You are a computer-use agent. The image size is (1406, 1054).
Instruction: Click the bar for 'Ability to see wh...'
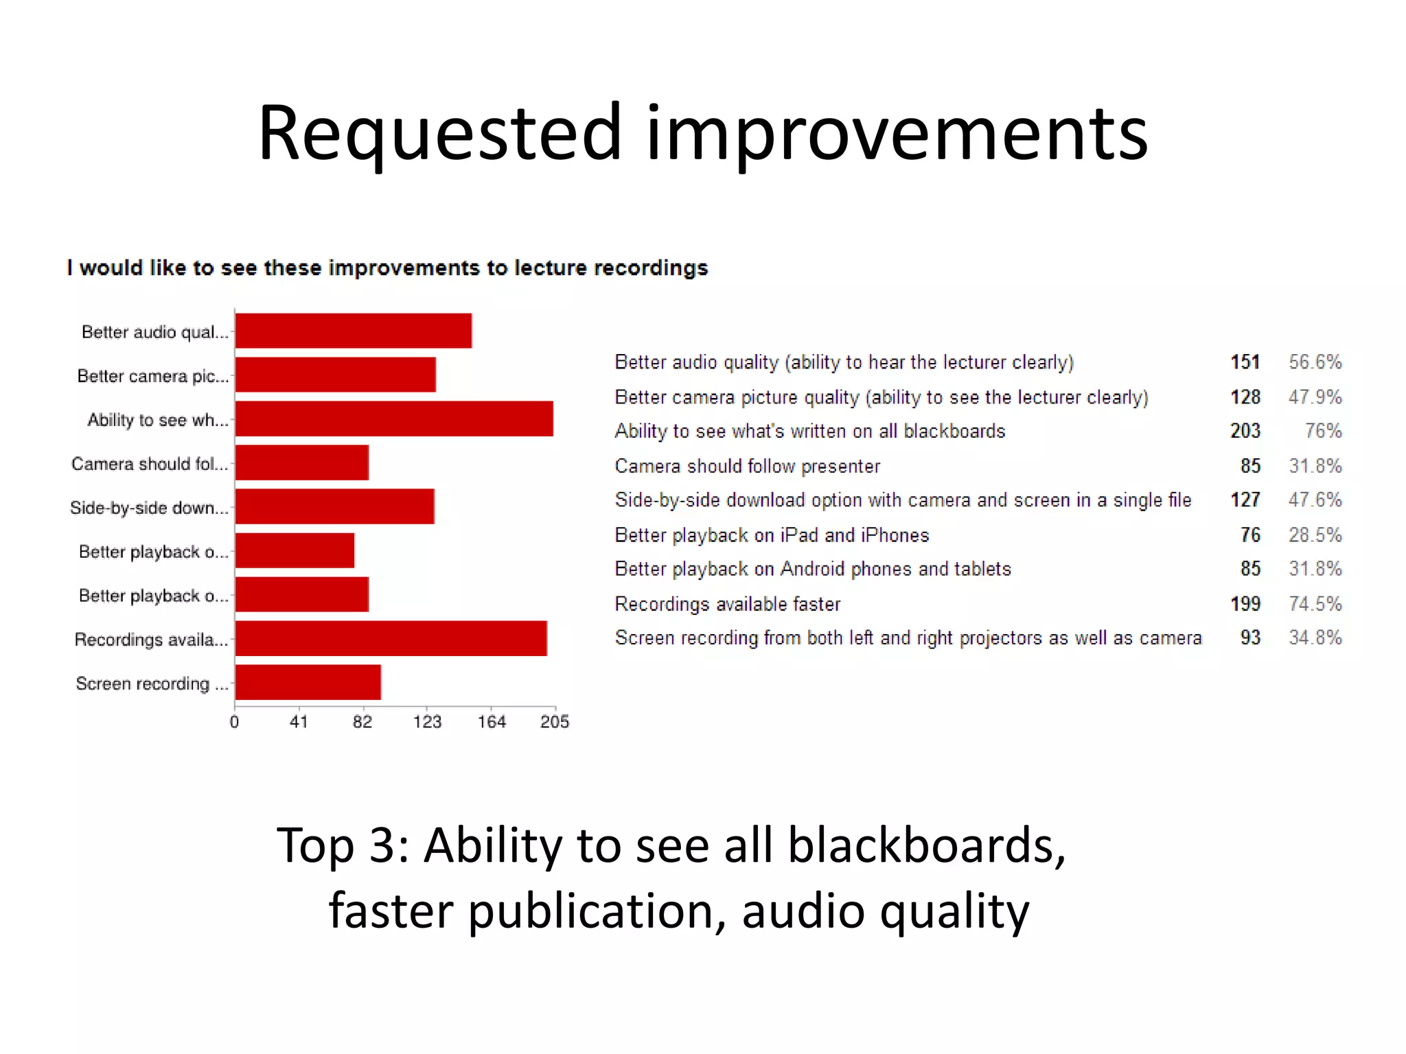point(394,419)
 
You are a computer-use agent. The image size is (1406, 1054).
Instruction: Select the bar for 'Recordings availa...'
point(391,638)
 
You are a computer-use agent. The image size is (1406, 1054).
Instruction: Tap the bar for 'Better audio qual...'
point(353,331)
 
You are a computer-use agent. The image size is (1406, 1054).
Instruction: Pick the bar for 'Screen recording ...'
point(308,682)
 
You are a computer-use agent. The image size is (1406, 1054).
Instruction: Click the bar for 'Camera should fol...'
point(301,462)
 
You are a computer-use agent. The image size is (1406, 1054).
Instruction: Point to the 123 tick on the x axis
point(427,721)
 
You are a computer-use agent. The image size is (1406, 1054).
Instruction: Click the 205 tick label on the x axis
point(555,721)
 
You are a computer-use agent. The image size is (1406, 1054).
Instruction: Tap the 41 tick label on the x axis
point(299,721)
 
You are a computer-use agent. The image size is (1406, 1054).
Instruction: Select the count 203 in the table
point(1245,431)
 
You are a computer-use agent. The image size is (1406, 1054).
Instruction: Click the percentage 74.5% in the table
point(1315,604)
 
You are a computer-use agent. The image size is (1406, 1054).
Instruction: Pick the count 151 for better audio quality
point(1245,362)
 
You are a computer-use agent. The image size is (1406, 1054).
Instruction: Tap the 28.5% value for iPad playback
point(1315,535)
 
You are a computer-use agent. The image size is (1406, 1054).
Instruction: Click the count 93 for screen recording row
point(1250,637)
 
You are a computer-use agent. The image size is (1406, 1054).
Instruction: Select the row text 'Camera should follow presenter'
point(747,466)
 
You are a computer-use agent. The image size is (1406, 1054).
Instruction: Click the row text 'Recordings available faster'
point(727,604)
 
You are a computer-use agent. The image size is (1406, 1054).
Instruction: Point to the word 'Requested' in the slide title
point(439,134)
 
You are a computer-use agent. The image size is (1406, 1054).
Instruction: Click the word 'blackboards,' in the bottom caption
point(926,845)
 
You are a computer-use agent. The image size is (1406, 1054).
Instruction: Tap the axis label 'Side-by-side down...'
point(149,508)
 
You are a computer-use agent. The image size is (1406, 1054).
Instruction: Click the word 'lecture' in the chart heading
point(550,268)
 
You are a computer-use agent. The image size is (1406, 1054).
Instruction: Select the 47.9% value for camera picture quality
point(1315,397)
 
